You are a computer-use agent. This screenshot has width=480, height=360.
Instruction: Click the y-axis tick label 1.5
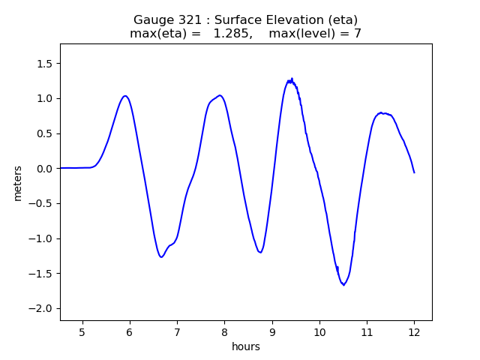[x=44, y=64]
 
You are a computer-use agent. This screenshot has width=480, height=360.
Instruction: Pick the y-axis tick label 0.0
[x=44, y=169]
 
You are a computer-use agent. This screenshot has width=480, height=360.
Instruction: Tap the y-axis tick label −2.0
[x=41, y=309]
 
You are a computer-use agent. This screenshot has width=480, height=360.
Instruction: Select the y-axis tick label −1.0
[x=41, y=238]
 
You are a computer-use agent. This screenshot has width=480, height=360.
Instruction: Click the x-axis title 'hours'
[x=246, y=346]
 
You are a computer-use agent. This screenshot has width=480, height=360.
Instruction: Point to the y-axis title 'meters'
[x=18, y=183]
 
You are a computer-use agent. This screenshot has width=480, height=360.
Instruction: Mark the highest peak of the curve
[x=292, y=78]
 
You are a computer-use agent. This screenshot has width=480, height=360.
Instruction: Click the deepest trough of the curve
[x=343, y=285]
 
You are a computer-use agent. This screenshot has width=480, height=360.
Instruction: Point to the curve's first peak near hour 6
[x=125, y=96]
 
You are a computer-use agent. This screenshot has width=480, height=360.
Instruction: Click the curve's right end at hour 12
[x=414, y=172]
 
